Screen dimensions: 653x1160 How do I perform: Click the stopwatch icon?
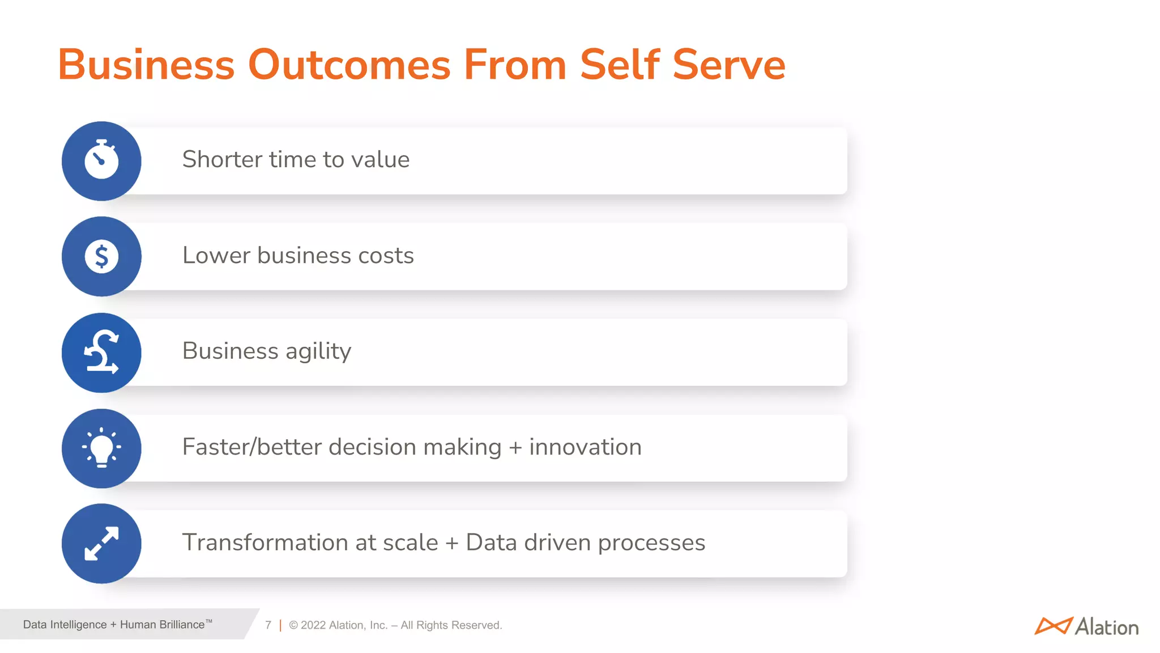(x=101, y=160)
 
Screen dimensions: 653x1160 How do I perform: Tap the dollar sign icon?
(x=101, y=256)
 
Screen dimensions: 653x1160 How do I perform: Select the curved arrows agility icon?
(x=101, y=353)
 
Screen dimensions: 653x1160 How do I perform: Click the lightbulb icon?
(x=101, y=448)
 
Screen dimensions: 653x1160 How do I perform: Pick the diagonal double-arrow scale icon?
(x=101, y=544)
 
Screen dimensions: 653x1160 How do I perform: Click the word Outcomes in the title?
(x=349, y=65)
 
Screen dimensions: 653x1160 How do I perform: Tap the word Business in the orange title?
(x=146, y=65)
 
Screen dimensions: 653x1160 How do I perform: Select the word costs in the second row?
(x=386, y=256)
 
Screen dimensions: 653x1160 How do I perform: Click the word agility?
(x=318, y=351)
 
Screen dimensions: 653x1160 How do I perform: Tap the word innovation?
(x=585, y=447)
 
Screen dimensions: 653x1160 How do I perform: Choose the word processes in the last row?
(x=651, y=543)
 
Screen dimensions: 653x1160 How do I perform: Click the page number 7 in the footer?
(x=268, y=625)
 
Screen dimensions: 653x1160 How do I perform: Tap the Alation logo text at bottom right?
(x=1106, y=627)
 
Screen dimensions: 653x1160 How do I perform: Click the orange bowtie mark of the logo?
(x=1053, y=626)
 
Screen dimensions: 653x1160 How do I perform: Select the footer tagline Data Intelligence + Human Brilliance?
(x=117, y=625)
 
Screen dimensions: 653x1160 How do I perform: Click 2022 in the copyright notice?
(x=313, y=625)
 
